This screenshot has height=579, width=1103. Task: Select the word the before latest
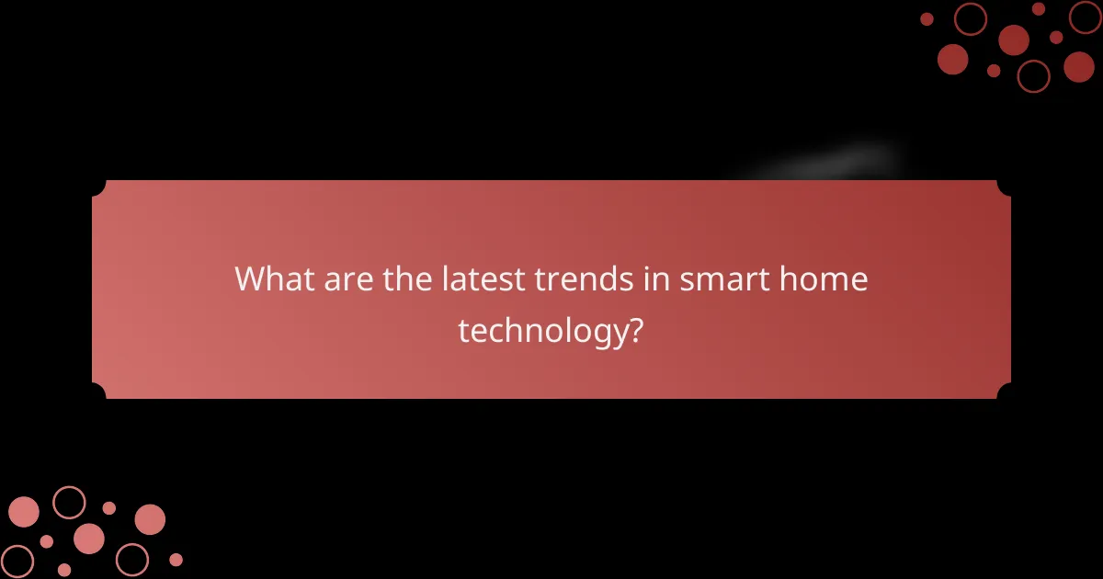401,278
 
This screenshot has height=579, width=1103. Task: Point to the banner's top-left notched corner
98,187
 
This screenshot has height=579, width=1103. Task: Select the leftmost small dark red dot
927,19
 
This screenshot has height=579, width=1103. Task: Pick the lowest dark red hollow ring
1033,75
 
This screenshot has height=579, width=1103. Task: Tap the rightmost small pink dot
176,559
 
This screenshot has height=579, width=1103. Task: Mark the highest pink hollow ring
69,502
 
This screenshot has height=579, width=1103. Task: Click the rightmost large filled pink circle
150,519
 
